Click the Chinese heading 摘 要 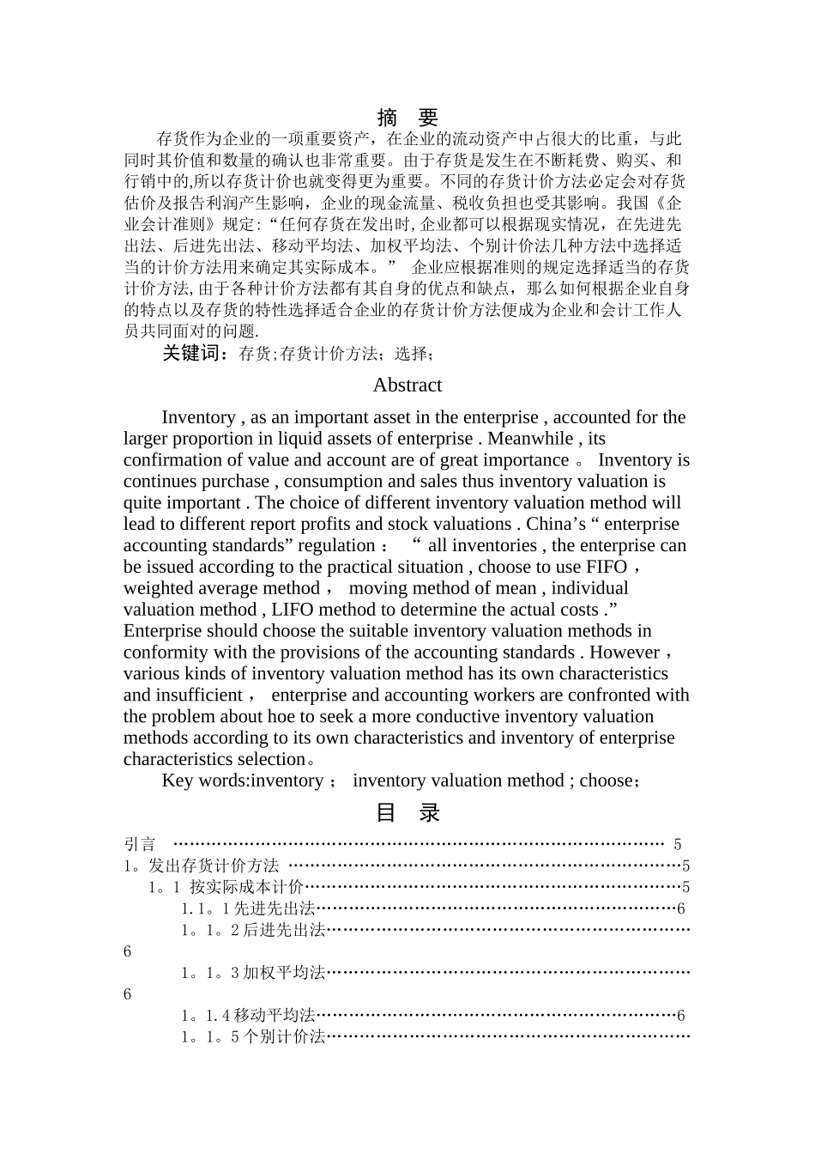tap(407, 118)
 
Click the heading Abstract tap(407, 386)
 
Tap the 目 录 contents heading tap(407, 812)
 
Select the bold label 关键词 tap(195, 353)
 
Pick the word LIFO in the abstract tap(293, 610)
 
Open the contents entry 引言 tap(140, 845)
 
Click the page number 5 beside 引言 tap(677, 845)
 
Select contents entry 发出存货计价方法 tap(214, 865)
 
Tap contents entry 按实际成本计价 tap(246, 887)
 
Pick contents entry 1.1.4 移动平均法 tap(249, 1015)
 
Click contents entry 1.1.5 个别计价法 tap(254, 1036)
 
